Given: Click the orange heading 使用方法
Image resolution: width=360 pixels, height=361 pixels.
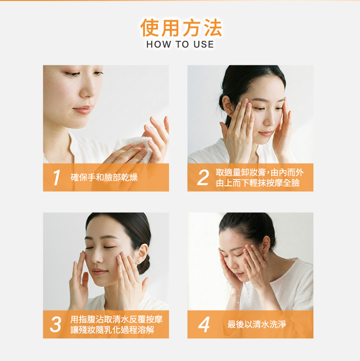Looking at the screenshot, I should [x=181, y=28].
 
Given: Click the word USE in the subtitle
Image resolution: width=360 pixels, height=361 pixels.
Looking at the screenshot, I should [x=204, y=45].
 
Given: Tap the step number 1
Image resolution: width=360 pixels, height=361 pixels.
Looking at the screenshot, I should [x=57, y=178].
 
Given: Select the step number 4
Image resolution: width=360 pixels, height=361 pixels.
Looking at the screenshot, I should [x=204, y=325].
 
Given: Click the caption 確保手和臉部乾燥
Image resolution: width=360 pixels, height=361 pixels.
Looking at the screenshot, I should [x=104, y=178].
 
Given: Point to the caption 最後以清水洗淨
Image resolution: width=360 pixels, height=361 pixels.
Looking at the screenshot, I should [x=256, y=325].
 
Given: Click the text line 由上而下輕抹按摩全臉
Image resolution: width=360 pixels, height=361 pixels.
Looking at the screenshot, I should [x=258, y=183].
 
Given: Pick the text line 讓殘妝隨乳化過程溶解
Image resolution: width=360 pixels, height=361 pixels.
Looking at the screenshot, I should [x=112, y=330].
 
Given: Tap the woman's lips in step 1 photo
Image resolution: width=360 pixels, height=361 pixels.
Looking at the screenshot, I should [x=82, y=109].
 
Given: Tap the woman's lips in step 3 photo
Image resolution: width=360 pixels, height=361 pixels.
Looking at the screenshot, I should [x=99, y=272].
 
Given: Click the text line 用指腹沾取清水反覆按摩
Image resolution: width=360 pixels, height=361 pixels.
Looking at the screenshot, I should [x=116, y=319].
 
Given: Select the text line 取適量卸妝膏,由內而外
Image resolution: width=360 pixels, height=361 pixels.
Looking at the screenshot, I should [x=260, y=172].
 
